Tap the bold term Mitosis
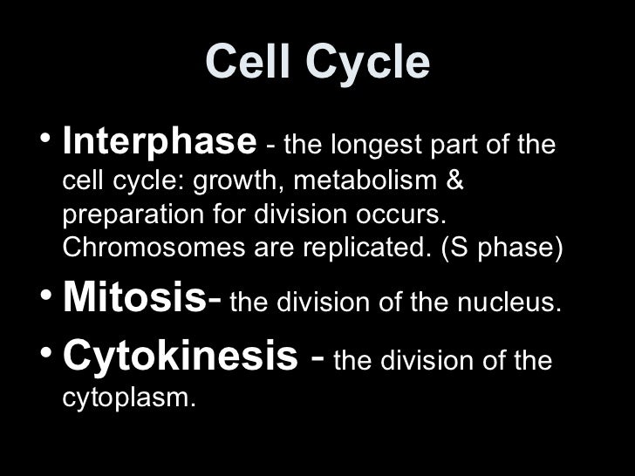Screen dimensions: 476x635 (x=137, y=299)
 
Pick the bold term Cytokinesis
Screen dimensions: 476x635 (x=178, y=358)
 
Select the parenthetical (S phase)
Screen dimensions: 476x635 (x=502, y=248)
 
